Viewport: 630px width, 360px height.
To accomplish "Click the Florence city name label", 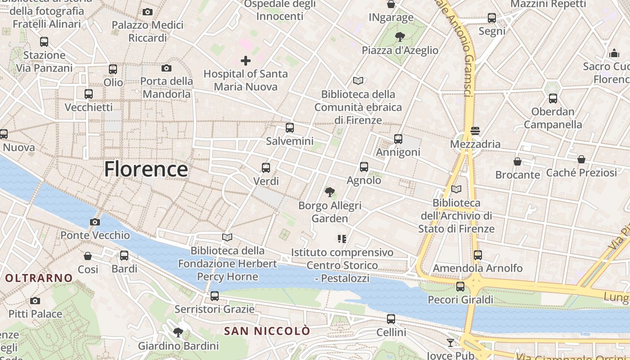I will (x=146, y=170).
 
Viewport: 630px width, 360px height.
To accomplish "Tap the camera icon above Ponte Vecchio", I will (x=94, y=222).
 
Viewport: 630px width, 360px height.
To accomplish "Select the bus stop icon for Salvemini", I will (x=290, y=127).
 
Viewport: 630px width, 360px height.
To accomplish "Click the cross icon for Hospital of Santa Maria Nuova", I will (x=246, y=60).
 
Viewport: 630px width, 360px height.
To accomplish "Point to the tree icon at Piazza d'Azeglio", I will (x=400, y=37).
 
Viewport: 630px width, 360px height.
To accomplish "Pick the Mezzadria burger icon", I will (x=476, y=131).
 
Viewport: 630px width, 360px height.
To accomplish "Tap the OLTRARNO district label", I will (x=39, y=278).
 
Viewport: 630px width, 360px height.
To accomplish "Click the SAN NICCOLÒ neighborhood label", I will (x=267, y=331).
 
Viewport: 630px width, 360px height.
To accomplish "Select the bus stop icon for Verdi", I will (x=266, y=168).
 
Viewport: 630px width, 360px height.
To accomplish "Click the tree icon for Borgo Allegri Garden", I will (x=330, y=192).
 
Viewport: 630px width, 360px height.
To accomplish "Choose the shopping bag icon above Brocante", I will (x=517, y=161).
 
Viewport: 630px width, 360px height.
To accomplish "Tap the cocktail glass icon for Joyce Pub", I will (x=450, y=343).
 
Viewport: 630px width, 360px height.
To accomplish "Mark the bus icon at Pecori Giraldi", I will (x=460, y=286).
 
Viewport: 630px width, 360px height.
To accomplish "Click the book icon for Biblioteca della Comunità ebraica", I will (x=358, y=81).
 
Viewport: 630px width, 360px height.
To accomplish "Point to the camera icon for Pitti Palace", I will (x=35, y=301).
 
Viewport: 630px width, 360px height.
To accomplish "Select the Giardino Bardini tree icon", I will (x=178, y=333).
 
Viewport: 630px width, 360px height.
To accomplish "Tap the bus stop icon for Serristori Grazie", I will (x=215, y=296).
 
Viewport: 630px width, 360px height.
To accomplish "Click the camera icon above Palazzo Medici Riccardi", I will (x=147, y=12).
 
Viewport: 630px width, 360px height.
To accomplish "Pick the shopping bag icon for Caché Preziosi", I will (x=581, y=159).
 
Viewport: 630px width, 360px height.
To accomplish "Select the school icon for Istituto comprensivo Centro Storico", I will (x=342, y=239).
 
